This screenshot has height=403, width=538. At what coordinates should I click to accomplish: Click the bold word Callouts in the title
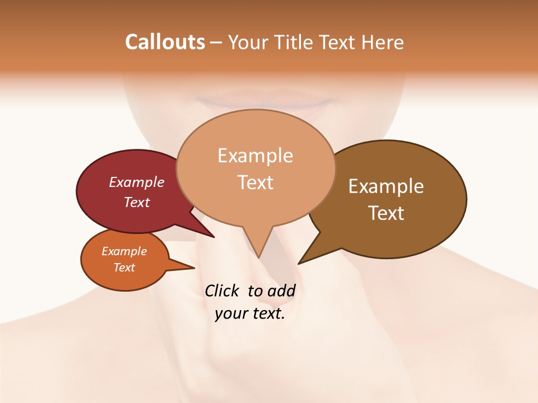click(x=165, y=42)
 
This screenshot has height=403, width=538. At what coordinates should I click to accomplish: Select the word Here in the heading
click(x=383, y=42)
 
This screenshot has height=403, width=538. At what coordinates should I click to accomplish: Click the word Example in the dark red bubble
click(x=137, y=182)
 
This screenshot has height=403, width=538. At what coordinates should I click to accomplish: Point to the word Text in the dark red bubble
click(x=137, y=202)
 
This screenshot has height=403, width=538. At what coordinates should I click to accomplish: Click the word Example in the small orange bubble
click(x=124, y=251)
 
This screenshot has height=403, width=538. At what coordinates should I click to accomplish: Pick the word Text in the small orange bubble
click(x=124, y=268)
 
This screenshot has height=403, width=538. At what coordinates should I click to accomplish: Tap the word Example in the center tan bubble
click(x=255, y=156)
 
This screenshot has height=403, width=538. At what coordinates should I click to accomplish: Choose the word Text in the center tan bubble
click(x=255, y=182)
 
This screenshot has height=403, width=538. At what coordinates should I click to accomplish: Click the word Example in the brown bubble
click(x=386, y=186)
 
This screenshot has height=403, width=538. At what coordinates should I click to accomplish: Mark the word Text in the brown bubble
click(x=386, y=213)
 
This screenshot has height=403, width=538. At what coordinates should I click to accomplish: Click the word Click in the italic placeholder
click(x=223, y=290)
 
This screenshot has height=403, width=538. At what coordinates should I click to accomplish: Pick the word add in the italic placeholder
click(x=282, y=290)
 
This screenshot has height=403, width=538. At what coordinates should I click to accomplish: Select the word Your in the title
click(x=249, y=42)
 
